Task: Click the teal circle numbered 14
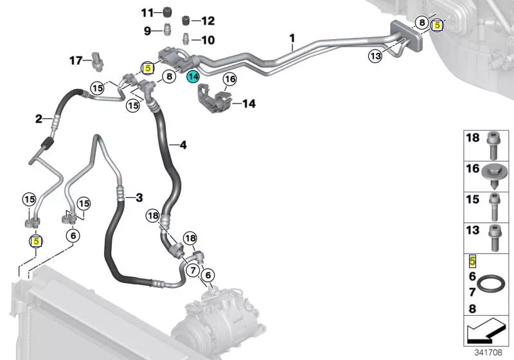click(193, 76)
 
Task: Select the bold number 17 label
click(76, 60)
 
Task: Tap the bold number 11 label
click(148, 13)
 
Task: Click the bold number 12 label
click(208, 21)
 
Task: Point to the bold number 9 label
click(148, 31)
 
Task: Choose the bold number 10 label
click(208, 40)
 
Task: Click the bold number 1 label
click(292, 39)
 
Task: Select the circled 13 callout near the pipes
click(375, 56)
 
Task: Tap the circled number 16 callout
click(230, 79)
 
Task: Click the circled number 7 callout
click(193, 270)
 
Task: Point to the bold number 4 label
click(183, 145)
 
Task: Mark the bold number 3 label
click(139, 198)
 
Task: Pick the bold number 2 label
click(39, 119)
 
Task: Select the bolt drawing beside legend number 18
click(492, 145)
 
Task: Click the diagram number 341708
click(488, 352)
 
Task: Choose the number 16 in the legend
click(473, 168)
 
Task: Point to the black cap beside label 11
click(167, 13)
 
